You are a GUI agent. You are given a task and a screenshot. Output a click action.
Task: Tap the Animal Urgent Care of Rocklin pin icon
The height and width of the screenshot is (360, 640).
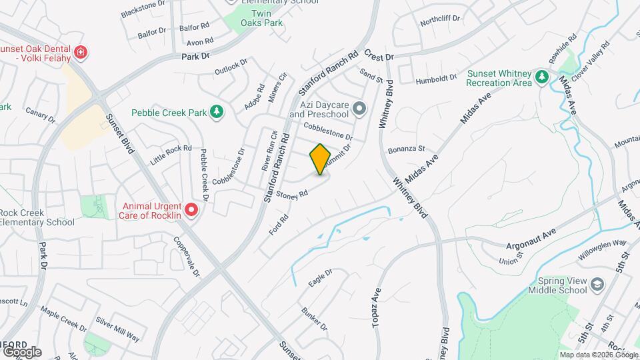(x=192, y=211)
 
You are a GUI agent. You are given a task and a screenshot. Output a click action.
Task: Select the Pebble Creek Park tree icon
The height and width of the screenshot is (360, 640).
(x=216, y=113)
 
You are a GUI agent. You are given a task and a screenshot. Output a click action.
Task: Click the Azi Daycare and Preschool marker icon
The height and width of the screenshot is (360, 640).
(x=360, y=108)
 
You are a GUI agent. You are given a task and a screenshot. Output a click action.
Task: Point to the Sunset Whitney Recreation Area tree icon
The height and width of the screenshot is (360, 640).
(x=543, y=78)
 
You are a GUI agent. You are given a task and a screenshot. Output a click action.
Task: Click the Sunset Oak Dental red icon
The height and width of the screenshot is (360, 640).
(x=81, y=52)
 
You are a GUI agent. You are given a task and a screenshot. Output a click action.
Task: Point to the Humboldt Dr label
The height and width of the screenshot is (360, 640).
(x=435, y=78)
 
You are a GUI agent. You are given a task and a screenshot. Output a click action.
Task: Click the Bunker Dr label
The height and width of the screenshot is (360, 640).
(x=315, y=319)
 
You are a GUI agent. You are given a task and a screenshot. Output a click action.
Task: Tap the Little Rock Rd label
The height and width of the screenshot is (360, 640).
(x=171, y=154)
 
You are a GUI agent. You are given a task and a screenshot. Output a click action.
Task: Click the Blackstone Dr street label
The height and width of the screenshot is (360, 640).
(x=143, y=9)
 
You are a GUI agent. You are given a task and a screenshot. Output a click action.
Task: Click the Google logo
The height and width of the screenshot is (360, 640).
(x=21, y=351)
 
